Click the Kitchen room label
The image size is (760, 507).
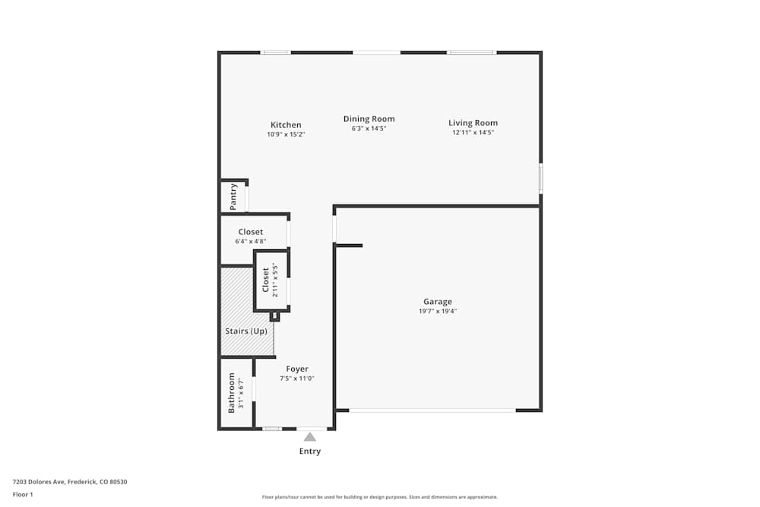coord(286,125)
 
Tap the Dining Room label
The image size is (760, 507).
coord(369,119)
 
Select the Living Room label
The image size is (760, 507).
coord(473,122)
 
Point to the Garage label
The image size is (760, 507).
coord(438,302)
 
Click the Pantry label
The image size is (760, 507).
coord(234,197)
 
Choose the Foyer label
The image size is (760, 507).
coord(297,369)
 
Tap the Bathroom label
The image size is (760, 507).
coord(232,392)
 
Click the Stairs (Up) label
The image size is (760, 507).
coord(246,331)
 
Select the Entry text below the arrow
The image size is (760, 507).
coord(310,452)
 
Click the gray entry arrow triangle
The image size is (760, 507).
coord(310,436)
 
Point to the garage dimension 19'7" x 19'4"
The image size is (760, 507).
coord(438,311)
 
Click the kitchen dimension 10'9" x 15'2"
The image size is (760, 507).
coord(286,135)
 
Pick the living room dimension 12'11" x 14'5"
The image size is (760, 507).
coord(473,132)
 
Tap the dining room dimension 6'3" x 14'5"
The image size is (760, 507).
coord(369,128)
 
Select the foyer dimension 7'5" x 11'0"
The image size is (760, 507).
coord(297,379)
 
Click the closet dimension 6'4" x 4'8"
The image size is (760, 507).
coord(251,241)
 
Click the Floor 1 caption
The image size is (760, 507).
coord(23,494)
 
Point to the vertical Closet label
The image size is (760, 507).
coord(265,280)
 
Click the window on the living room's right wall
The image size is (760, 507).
coord(540,178)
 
